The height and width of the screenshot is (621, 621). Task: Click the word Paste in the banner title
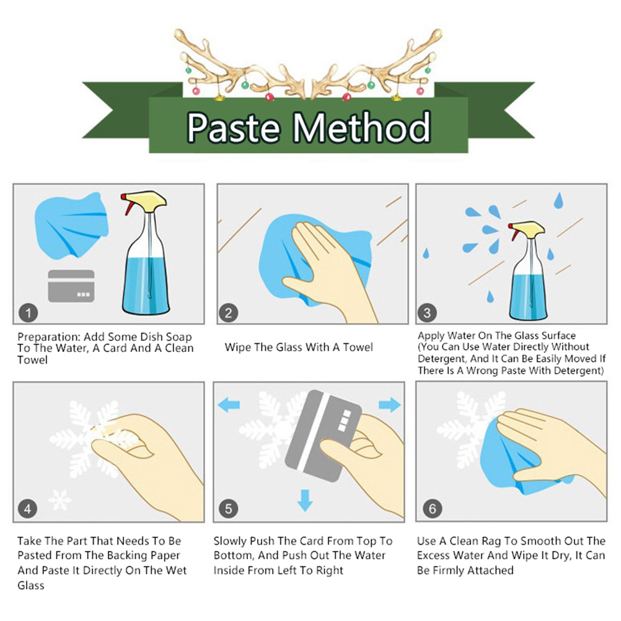click(234, 127)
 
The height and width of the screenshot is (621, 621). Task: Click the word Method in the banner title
click(361, 127)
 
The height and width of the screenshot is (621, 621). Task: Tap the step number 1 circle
click(29, 313)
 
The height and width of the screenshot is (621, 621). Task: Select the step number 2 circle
click(229, 313)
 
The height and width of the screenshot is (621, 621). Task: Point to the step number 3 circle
click(427, 313)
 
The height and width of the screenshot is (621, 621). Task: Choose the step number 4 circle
click(28, 509)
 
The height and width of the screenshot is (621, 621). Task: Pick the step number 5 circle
click(229, 509)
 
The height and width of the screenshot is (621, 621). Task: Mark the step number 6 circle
click(432, 509)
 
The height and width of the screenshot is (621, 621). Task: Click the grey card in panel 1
click(71, 286)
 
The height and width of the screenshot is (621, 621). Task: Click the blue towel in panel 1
click(71, 226)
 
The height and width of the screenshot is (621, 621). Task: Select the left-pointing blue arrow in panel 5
click(229, 405)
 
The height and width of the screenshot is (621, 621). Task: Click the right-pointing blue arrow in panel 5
click(390, 405)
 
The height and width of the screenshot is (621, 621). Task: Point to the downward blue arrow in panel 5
click(305, 500)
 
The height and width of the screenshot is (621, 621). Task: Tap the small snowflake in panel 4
click(59, 500)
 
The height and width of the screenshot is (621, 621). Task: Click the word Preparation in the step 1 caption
click(50, 337)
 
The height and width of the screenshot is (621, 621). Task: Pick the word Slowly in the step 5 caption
click(230, 542)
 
